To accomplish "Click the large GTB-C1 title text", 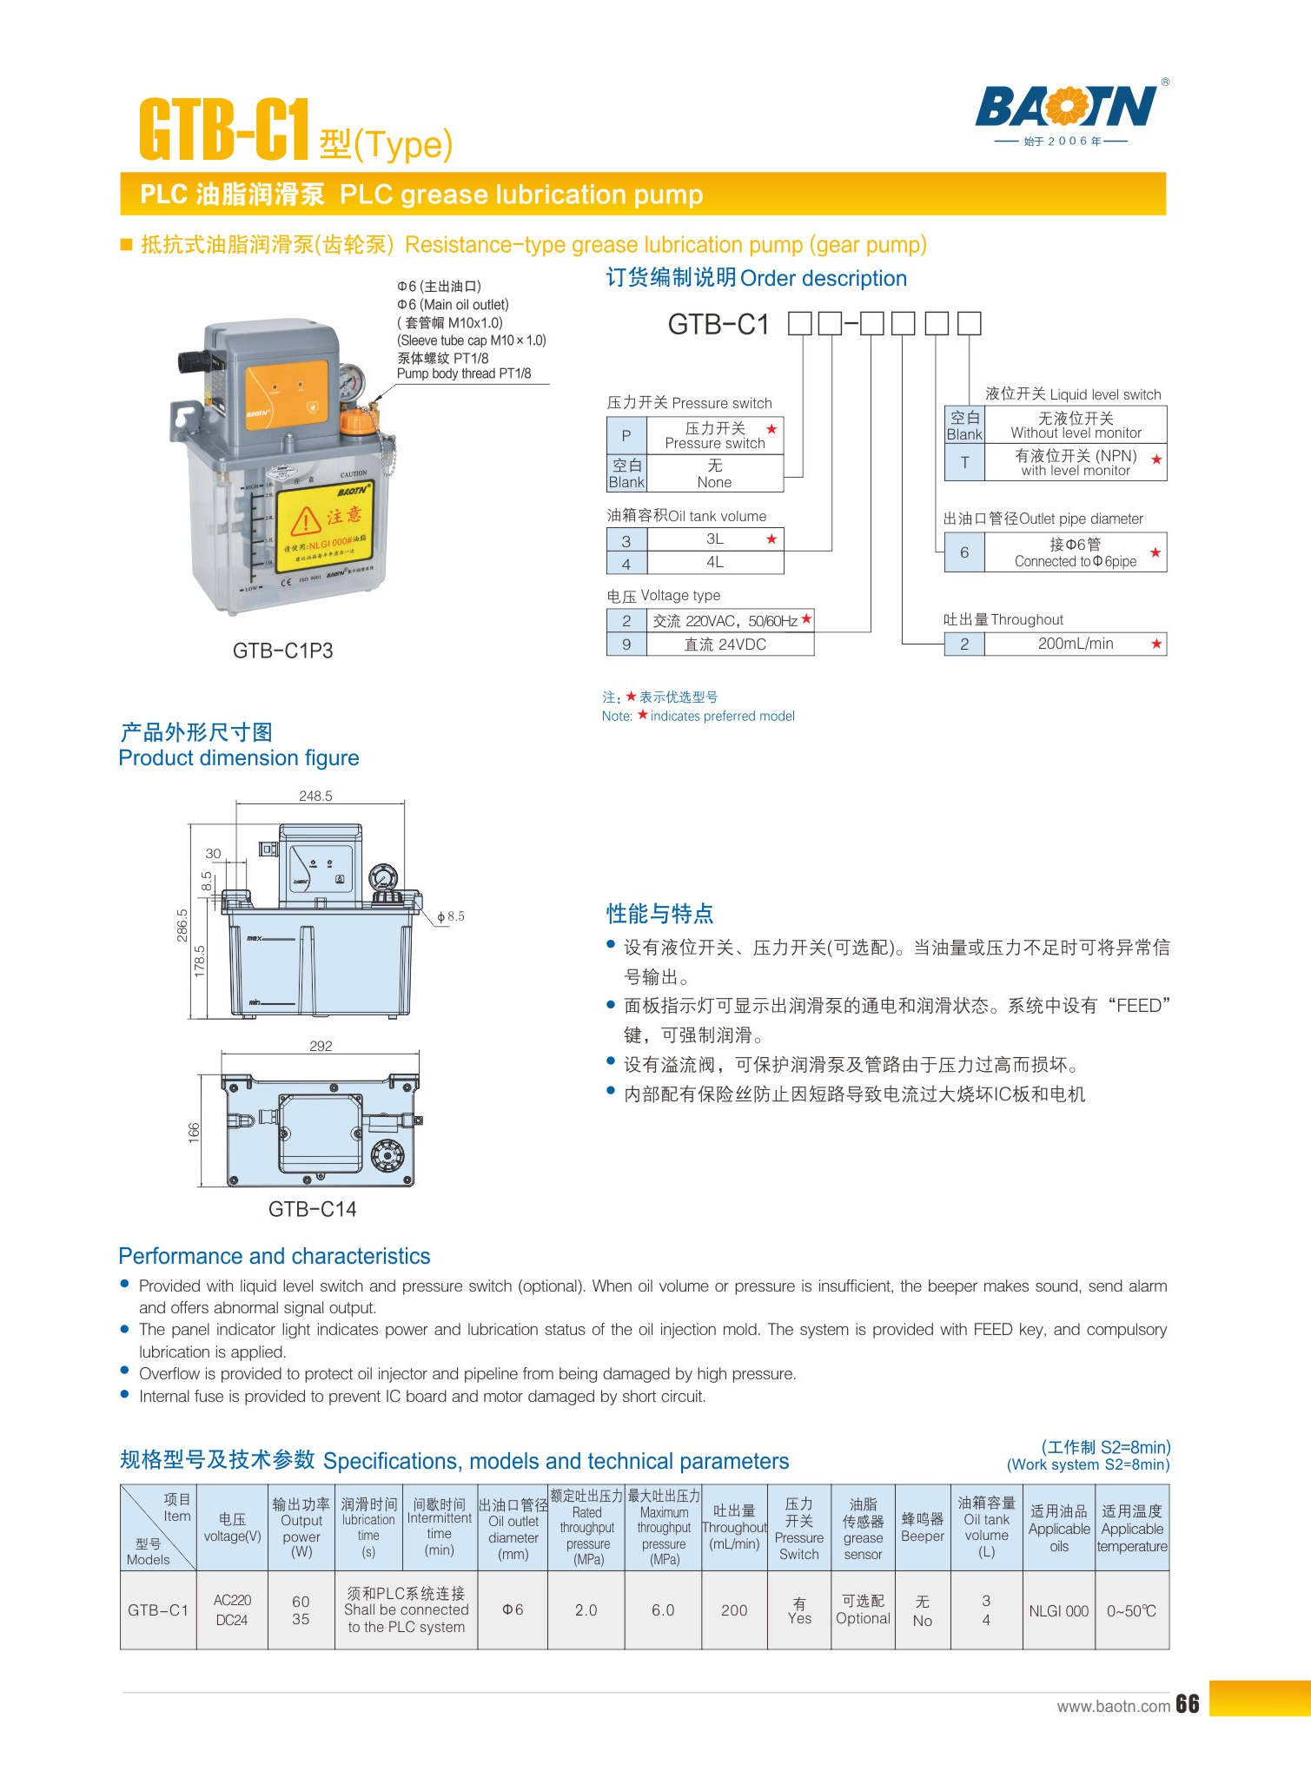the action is coord(224,129).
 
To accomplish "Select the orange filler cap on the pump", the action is coord(355,421).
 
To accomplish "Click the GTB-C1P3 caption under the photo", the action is coord(283,651).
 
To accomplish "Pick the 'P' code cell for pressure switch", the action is coord(626,435).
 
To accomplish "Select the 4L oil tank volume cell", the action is coord(715,562).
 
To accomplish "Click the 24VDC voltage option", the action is coord(726,644).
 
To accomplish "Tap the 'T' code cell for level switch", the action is coord(964,463).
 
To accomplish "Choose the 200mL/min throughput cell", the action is coord(1076,644).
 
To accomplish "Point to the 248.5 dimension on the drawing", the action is coord(315,796).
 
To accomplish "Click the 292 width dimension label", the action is coord(321,1046).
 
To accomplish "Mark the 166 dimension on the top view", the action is coord(194,1132).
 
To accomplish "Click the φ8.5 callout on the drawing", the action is coord(451,916).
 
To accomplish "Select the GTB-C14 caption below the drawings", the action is coord(312,1209).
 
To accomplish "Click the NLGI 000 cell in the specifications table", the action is coord(1059,1611).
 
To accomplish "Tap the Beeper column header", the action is coord(923,1528).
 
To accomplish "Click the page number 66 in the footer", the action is coord(1188,1704).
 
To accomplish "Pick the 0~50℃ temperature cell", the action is coord(1132,1611).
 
